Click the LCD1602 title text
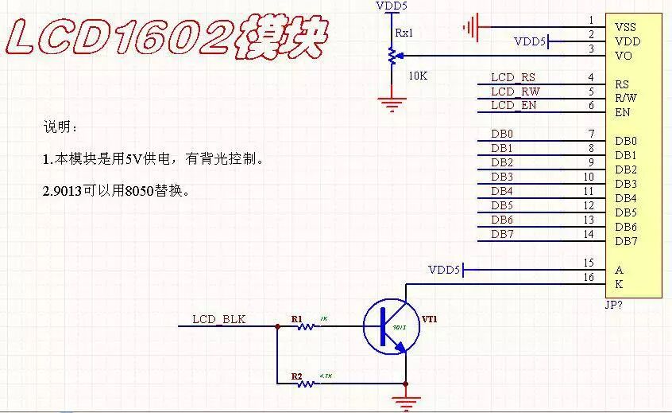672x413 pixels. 167,37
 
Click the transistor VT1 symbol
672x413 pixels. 390,326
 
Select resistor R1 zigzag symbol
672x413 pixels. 305,326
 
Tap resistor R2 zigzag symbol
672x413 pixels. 305,384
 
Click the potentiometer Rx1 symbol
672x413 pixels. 391,56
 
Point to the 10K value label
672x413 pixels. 418,76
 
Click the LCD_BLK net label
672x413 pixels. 218,320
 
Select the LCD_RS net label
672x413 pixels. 512,77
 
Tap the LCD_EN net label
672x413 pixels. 513,106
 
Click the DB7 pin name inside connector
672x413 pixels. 626,241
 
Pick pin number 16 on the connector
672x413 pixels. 588,277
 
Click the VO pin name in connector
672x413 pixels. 624,56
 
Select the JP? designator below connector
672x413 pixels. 614,305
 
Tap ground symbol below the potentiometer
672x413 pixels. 391,103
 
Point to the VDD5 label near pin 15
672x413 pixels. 443,271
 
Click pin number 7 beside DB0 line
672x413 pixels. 590,134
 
